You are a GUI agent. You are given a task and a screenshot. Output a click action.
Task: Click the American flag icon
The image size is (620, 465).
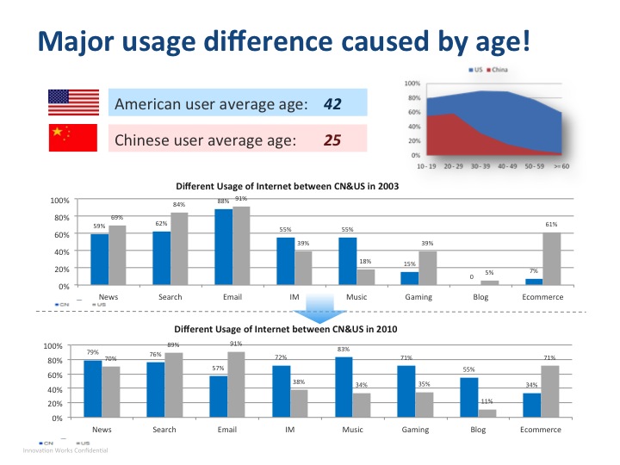tap(72, 102)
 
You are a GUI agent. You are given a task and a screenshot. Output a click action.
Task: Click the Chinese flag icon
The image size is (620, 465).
tap(72, 138)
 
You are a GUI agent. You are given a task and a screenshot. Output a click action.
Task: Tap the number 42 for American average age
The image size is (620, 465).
tap(332, 104)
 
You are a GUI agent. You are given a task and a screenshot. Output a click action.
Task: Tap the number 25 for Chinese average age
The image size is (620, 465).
tap(332, 139)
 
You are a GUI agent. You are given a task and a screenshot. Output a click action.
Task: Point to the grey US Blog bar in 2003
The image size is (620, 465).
tap(489, 282)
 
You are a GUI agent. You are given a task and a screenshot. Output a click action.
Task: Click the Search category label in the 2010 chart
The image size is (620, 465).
tap(164, 429)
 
